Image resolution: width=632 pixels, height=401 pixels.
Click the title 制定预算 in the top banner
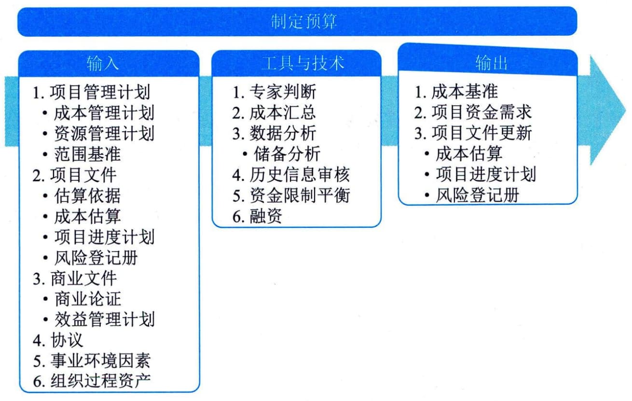point(303,21)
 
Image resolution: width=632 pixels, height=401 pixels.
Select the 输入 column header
point(102,63)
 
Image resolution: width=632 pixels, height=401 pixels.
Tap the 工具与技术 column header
point(302,63)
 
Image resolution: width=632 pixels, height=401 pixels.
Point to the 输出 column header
point(491,63)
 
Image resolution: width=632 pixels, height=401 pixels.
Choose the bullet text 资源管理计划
point(104,134)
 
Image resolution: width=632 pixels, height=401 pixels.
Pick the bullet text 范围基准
point(87,154)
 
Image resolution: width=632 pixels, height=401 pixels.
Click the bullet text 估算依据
point(87,195)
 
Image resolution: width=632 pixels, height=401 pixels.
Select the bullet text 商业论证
point(88,299)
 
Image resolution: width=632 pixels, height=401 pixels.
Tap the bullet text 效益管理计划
point(104,319)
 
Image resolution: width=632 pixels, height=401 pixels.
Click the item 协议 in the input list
point(67,340)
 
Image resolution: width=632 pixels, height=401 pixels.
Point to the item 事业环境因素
point(100,360)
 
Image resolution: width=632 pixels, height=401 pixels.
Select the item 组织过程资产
point(100,381)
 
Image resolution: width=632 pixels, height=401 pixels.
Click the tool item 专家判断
point(283,92)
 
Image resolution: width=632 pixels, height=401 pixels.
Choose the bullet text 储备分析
point(287,154)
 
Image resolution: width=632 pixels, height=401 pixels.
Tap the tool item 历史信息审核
point(299,175)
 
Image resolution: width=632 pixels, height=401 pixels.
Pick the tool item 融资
point(266,216)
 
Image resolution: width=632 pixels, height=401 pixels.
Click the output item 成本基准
point(465,92)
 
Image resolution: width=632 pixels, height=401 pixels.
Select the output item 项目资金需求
point(481,112)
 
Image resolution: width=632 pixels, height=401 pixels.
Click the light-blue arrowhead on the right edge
point(606,110)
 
